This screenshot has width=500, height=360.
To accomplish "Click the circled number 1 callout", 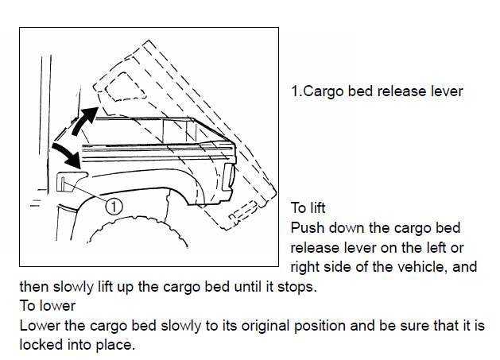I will coord(114,206).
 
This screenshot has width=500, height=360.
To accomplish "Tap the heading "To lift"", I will coord(308,208).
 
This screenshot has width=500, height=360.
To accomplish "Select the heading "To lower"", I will coord(47,306).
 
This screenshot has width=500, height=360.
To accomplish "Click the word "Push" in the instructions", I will coord(306,228).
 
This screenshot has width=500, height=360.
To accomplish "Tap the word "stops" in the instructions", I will coord(298,287).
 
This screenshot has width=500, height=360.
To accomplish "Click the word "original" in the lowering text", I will coord(262,326).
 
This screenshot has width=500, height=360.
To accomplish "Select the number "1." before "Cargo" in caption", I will coord(296,91).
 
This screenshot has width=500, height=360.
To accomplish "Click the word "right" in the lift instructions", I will coord(306,267).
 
